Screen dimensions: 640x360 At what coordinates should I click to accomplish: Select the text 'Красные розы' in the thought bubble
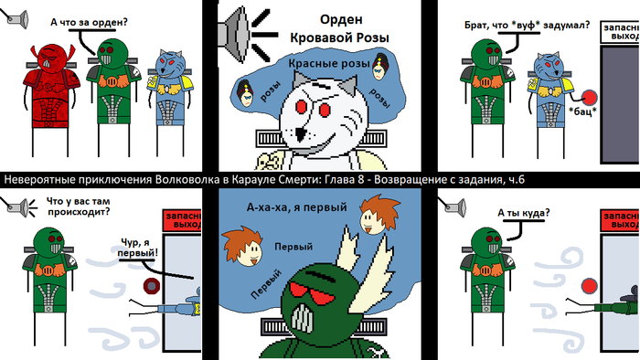tap(328, 64)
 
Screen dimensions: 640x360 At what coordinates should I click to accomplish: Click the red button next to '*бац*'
tap(589, 98)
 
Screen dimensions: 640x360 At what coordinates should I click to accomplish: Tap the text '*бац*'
tap(582, 111)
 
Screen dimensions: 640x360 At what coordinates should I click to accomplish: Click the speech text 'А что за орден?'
tap(89, 22)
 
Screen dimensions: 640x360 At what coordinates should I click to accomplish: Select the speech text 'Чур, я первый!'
tap(137, 249)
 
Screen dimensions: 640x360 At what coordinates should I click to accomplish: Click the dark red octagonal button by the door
tap(152, 287)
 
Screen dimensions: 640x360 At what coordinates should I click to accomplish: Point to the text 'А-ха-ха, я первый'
tap(297, 207)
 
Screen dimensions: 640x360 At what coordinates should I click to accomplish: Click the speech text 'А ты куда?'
tap(524, 213)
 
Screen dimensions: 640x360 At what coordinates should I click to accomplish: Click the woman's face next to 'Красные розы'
tap(379, 68)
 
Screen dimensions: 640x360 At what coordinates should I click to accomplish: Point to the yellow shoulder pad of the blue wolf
tap(187, 83)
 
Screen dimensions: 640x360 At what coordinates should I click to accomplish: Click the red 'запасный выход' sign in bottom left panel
tap(182, 220)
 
